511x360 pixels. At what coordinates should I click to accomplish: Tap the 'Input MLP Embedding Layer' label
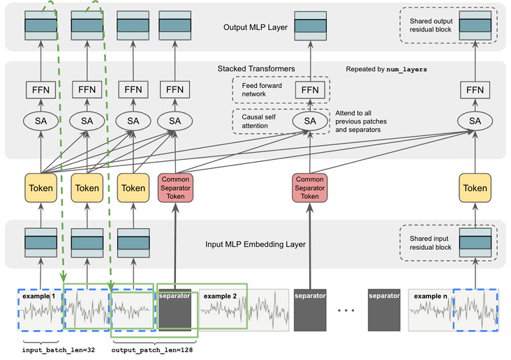[x=254, y=246]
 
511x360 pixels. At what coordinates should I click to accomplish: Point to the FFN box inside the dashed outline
[x=310, y=90]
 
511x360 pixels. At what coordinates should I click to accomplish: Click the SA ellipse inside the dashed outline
[x=310, y=121]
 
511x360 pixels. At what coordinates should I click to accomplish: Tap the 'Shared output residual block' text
[x=426, y=24]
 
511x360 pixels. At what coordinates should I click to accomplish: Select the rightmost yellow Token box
[x=475, y=188]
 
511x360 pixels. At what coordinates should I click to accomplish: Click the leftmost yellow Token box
[x=41, y=188]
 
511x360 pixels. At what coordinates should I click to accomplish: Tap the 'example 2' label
[x=221, y=296]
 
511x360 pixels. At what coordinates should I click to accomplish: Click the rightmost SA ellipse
[x=475, y=121]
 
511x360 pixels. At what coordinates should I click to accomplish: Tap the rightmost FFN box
[x=475, y=90]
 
